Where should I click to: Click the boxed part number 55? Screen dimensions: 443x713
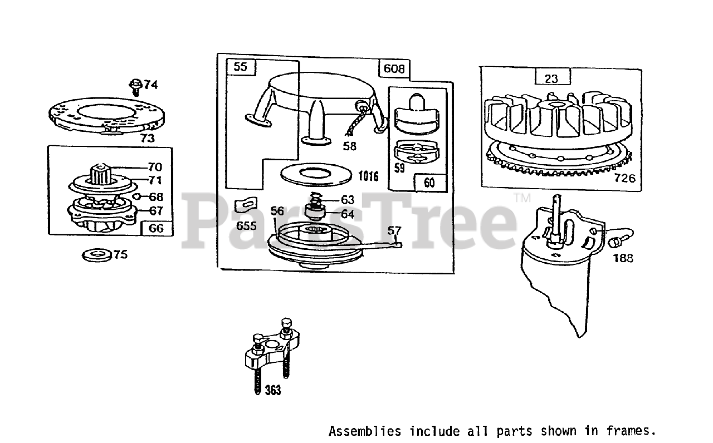coord(240,67)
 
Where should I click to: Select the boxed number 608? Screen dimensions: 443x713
coord(394,69)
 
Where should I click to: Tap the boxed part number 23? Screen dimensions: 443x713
coord(551,78)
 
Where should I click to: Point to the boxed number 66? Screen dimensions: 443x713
coord(157,228)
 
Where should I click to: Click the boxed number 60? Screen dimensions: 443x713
coord(429,182)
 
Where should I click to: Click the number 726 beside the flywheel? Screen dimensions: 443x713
coord(624,179)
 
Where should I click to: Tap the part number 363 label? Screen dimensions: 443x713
coord(273,390)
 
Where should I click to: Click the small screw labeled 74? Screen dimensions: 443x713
coord(135,85)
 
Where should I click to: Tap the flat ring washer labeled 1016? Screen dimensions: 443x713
coord(316,173)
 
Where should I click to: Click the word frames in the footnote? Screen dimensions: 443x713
coord(633,431)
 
